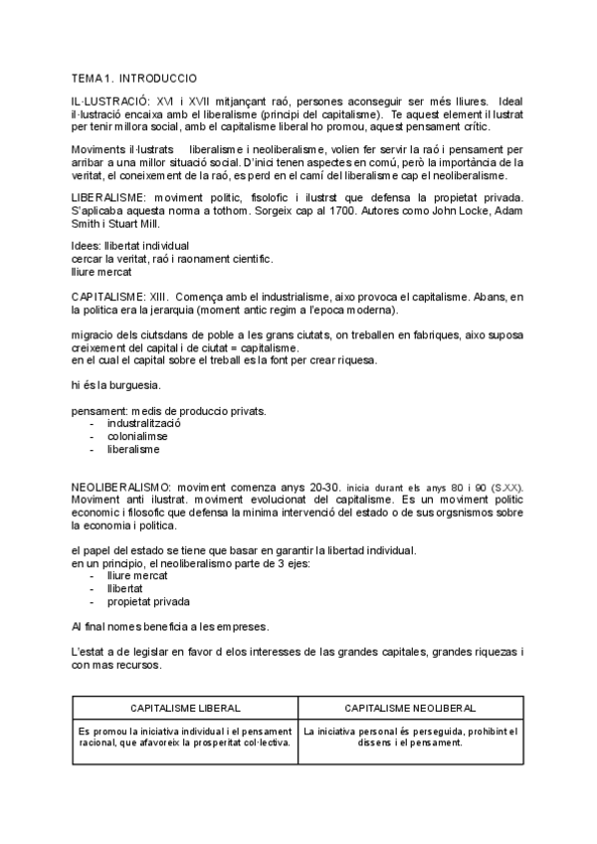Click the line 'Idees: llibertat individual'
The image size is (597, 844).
[130, 245]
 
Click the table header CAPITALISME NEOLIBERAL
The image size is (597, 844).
[410, 708]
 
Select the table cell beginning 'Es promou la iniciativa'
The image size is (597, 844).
[186, 737]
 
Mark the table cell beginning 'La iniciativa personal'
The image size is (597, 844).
[410, 737]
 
